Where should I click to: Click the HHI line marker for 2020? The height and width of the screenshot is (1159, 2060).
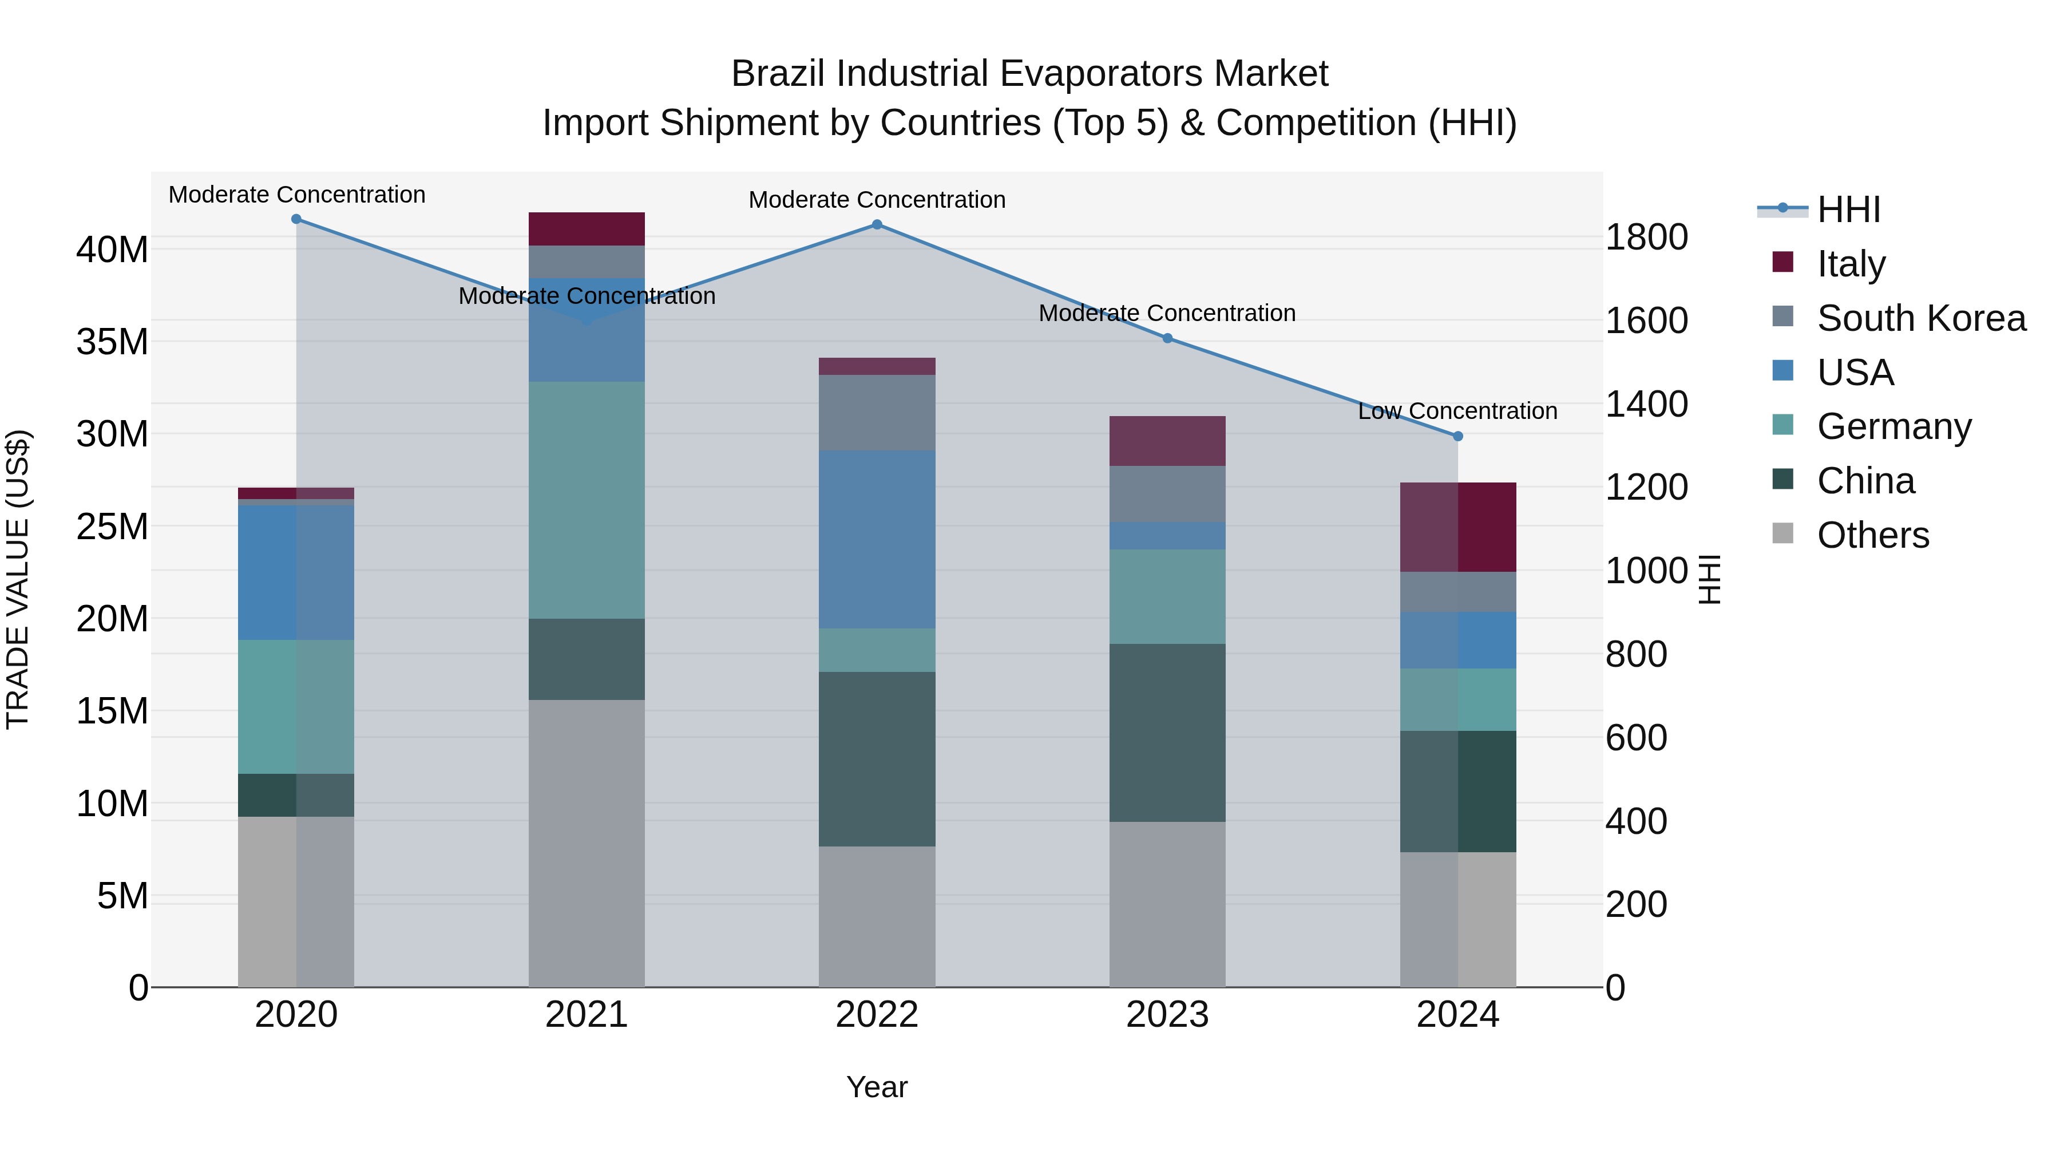pyautogui.click(x=296, y=219)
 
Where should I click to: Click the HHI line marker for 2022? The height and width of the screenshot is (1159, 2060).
pyautogui.click(x=877, y=225)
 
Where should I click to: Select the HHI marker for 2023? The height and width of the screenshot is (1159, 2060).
pyautogui.click(x=1167, y=338)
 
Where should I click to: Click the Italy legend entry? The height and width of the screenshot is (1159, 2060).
pyautogui.click(x=1851, y=263)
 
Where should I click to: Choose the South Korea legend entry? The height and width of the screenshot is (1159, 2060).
pyautogui.click(x=1921, y=318)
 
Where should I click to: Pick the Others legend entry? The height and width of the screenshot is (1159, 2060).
pyautogui.click(x=1872, y=535)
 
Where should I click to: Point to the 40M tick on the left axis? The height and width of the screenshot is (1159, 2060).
pyautogui.click(x=112, y=250)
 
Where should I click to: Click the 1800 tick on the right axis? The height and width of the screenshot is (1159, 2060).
pyautogui.click(x=1646, y=237)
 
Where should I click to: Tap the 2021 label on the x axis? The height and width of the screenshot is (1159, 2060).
pyautogui.click(x=586, y=1015)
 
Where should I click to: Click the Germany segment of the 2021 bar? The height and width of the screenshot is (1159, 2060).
pyautogui.click(x=586, y=500)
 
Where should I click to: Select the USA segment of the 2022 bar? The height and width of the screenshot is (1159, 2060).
pyautogui.click(x=877, y=539)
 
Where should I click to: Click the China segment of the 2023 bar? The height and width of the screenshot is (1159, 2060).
pyautogui.click(x=1167, y=733)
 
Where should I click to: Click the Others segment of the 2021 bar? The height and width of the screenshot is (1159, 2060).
pyautogui.click(x=586, y=843)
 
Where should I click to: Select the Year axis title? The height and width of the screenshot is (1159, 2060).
pyautogui.click(x=877, y=1087)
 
